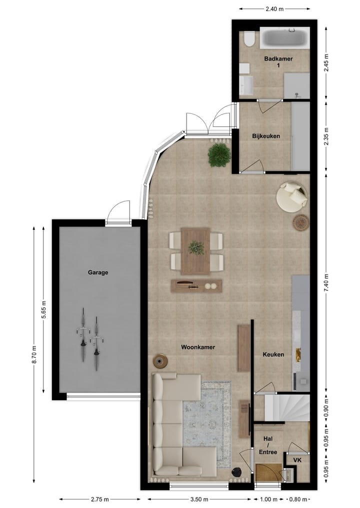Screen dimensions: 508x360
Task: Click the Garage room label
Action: tap(98, 273)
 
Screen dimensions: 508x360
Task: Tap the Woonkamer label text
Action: tap(198, 347)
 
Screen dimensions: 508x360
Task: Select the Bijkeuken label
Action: tap(265, 136)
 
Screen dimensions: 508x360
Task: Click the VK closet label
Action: tap(297, 460)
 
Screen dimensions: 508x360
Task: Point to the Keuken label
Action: tap(273, 355)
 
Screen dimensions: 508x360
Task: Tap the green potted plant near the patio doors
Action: tap(219, 155)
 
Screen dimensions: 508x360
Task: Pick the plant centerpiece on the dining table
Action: tap(196, 248)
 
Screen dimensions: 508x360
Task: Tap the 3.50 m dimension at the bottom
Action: tap(199, 499)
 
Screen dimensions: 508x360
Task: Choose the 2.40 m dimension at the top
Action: tap(273, 8)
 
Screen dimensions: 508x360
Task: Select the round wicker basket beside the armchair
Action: tap(300, 223)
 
